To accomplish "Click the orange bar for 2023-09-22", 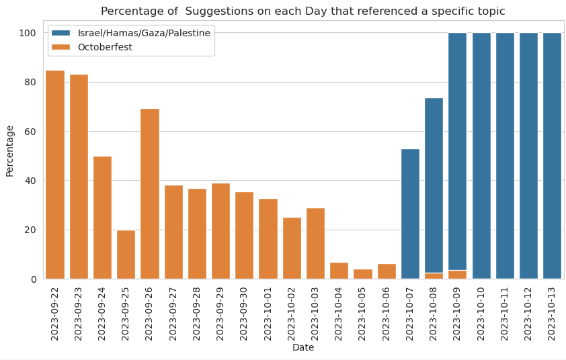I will [x=55, y=175].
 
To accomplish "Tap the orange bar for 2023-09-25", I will [x=126, y=255].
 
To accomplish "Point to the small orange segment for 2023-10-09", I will [x=457, y=275].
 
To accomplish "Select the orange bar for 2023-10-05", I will [x=362, y=274].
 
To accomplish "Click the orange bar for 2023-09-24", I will [x=102, y=218].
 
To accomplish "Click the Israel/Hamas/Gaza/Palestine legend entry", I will [x=144, y=33].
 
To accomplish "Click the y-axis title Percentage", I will [x=9, y=151].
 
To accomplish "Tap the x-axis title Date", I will [x=303, y=348].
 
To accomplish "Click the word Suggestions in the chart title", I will [x=216, y=11].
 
